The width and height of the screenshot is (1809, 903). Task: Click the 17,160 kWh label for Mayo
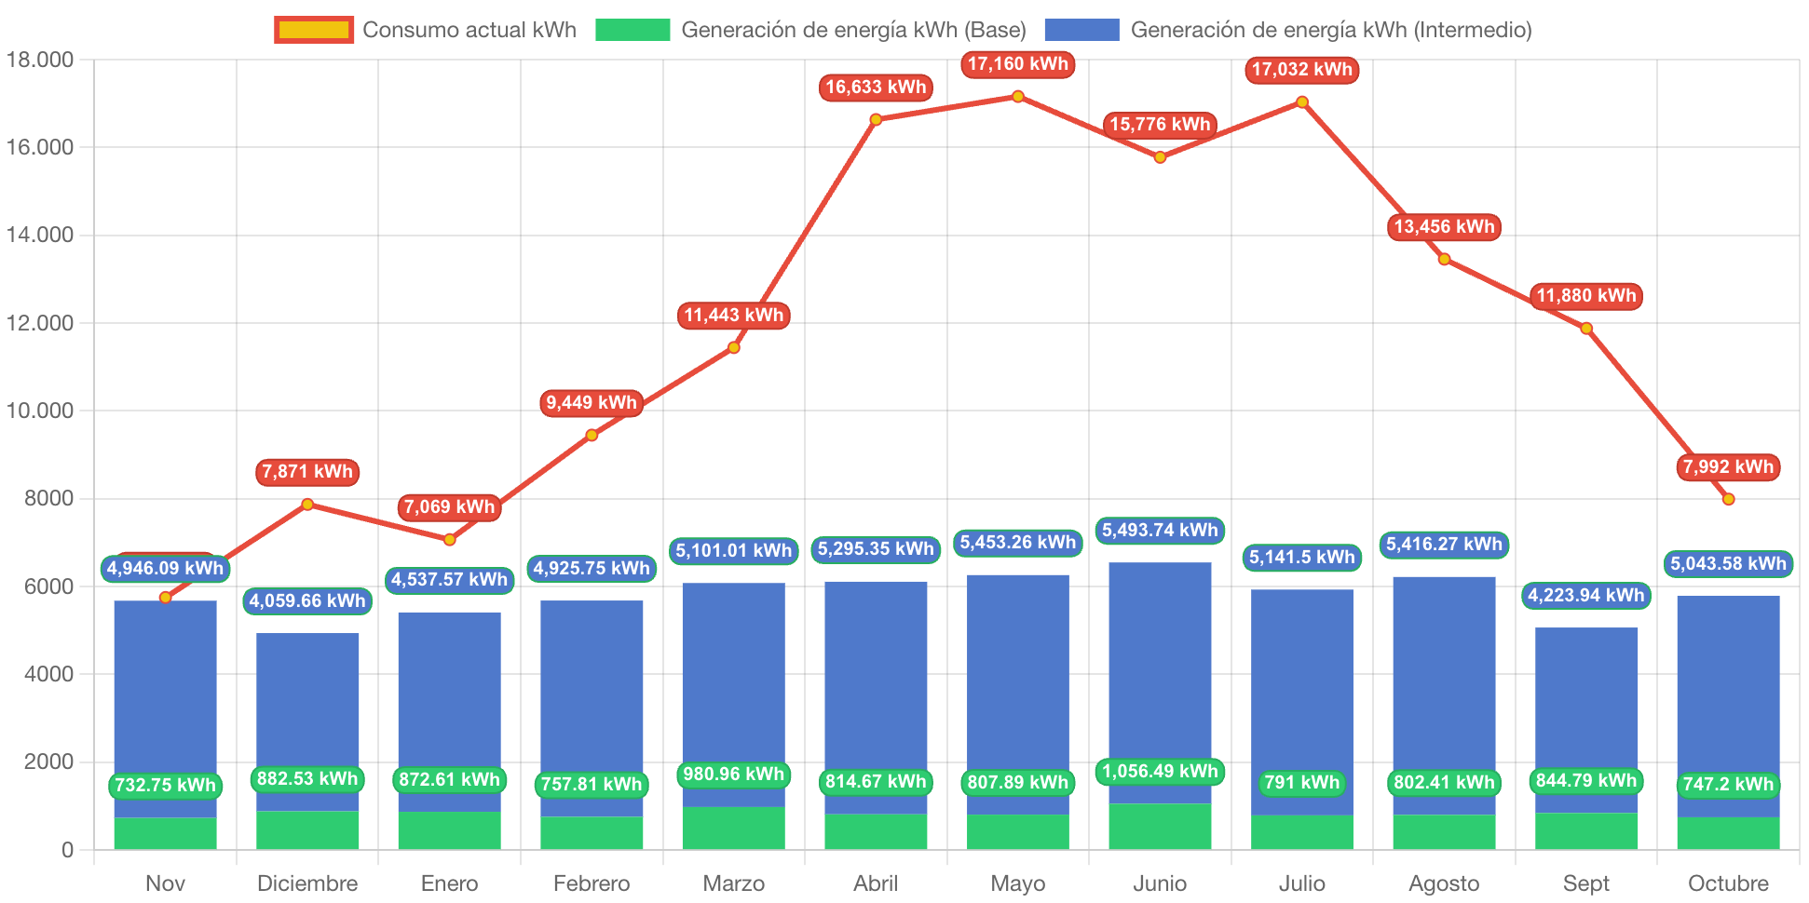(1017, 64)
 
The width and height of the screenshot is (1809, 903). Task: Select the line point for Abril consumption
(876, 119)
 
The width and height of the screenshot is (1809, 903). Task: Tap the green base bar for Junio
(1160, 827)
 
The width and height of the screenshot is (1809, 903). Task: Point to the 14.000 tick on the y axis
(40, 235)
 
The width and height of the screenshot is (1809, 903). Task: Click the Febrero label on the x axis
(592, 883)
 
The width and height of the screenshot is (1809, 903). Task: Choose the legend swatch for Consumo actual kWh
(314, 30)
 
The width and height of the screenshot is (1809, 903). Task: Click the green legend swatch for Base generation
(632, 30)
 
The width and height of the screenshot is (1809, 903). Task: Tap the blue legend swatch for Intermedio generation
(1081, 30)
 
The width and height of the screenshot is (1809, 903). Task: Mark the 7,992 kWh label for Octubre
(1728, 466)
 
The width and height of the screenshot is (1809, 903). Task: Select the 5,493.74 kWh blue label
(1160, 530)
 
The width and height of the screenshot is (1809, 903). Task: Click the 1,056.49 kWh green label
(1160, 771)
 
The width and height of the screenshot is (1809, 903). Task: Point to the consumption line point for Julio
(1302, 101)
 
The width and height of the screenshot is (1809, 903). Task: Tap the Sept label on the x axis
(1585, 883)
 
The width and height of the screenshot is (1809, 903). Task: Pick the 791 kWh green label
(1302, 782)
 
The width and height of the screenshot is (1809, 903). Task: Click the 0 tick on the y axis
(67, 849)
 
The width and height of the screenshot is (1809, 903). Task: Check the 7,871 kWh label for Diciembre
(307, 471)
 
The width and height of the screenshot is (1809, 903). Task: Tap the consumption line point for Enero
(450, 540)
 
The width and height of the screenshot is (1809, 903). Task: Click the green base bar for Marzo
(733, 829)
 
